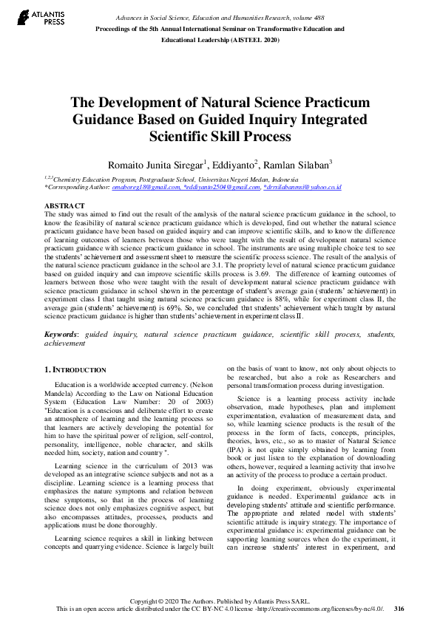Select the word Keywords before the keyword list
point(61,335)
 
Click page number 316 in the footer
point(399,609)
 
